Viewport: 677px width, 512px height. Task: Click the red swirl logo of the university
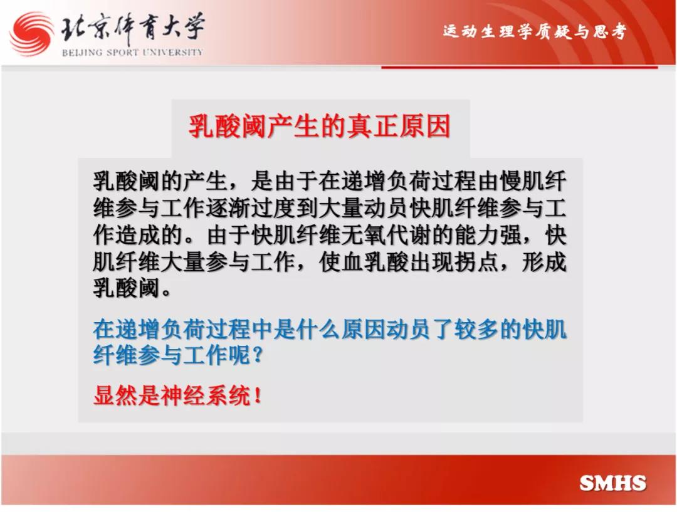(x=31, y=34)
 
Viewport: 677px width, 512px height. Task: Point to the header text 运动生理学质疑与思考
(x=535, y=31)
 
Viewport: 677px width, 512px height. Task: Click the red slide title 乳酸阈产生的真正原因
(x=320, y=126)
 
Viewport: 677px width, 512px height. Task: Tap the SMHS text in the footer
(x=612, y=483)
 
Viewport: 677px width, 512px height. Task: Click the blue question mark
(x=258, y=355)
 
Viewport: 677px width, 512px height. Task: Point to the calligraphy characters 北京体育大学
(x=132, y=29)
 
